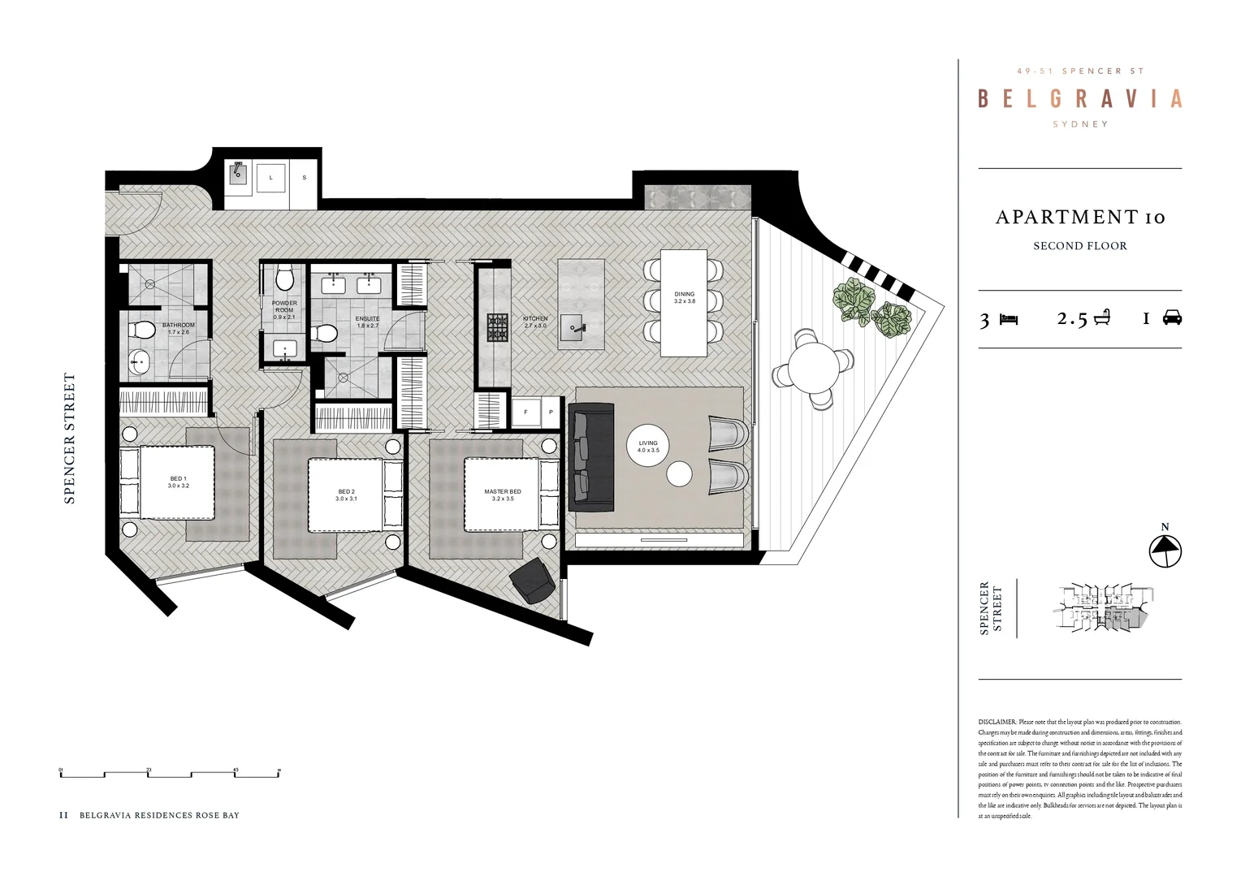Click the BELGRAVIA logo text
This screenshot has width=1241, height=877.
pos(1079,99)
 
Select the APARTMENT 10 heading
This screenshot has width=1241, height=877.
pos(1079,218)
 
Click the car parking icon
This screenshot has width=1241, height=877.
pos(1171,318)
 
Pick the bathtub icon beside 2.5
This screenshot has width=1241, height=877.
pos(1101,318)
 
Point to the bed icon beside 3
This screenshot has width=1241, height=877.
pos(1009,318)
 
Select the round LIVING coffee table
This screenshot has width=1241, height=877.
pos(648,446)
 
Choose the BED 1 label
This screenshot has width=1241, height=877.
pos(178,482)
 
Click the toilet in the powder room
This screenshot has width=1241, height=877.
pos(284,279)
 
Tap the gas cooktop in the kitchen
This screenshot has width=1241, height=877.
pos(497,327)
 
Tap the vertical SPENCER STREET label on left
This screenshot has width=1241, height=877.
pos(70,438)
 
